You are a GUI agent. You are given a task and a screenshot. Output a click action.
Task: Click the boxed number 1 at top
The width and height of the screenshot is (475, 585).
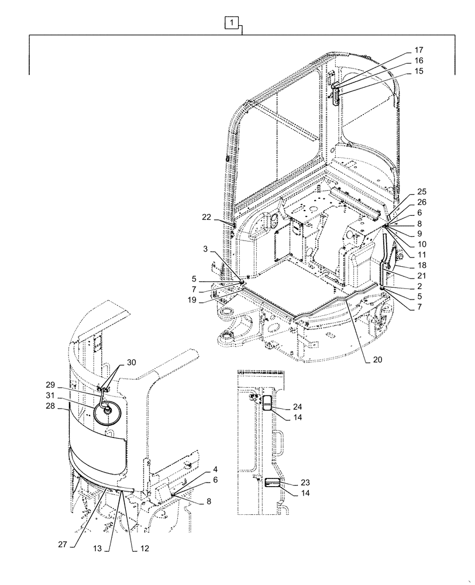click(232, 23)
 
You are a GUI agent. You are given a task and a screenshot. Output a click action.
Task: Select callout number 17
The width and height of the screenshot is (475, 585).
click(419, 50)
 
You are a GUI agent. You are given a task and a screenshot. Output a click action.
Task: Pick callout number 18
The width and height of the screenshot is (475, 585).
click(422, 265)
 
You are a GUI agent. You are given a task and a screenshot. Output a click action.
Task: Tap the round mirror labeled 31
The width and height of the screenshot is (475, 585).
click(108, 410)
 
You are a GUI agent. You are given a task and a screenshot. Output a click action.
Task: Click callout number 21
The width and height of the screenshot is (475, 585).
click(422, 276)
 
